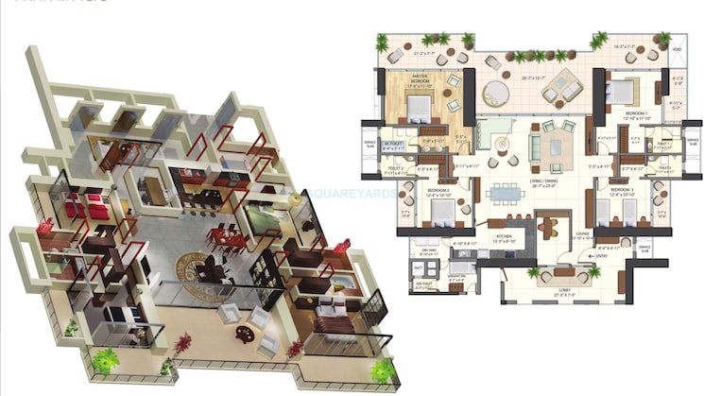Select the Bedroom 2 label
pos(436,192)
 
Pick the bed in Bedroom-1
pos(618,91)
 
